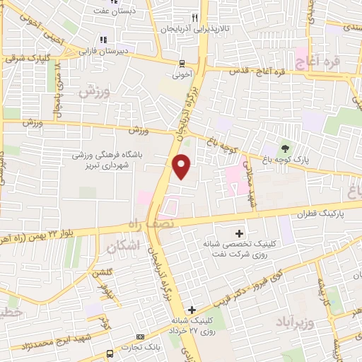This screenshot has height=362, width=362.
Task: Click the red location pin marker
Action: tap(182, 166)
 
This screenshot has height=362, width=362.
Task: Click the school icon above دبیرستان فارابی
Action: tap(103, 40)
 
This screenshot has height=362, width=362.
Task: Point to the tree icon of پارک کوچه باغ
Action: tap(285, 148)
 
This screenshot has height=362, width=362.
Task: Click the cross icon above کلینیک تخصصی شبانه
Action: tap(239, 233)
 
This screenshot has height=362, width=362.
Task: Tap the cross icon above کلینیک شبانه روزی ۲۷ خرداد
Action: tap(192, 310)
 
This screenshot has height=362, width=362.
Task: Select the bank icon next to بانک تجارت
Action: tap(139, 337)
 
